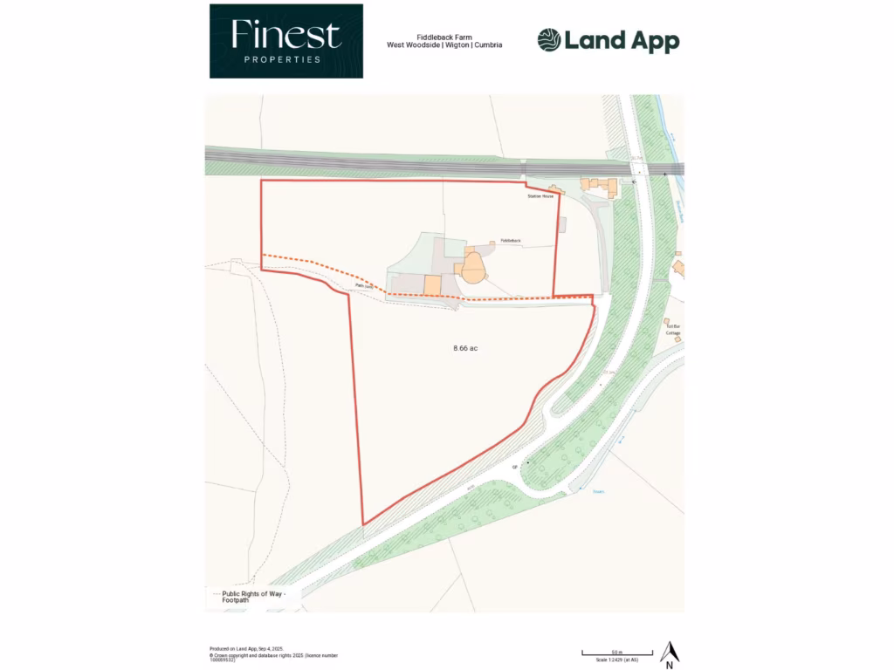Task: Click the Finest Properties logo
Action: click(285, 41)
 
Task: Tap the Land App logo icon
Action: click(548, 40)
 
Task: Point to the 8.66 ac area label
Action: click(465, 348)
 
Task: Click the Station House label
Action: click(540, 197)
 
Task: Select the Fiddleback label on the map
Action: click(510, 240)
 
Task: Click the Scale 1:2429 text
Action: click(617, 660)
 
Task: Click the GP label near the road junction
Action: click(516, 468)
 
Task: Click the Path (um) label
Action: click(365, 285)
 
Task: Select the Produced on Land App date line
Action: click(246, 649)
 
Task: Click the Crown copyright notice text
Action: click(273, 656)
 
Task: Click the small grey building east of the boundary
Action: click(562, 225)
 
